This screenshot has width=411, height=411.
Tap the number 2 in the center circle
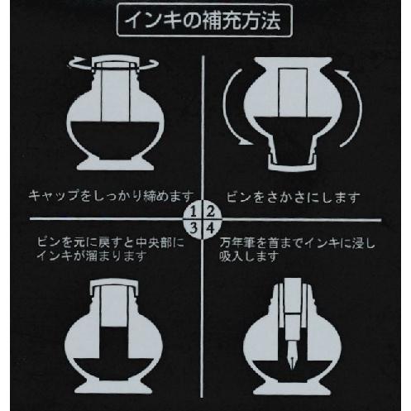(x=210, y=213)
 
